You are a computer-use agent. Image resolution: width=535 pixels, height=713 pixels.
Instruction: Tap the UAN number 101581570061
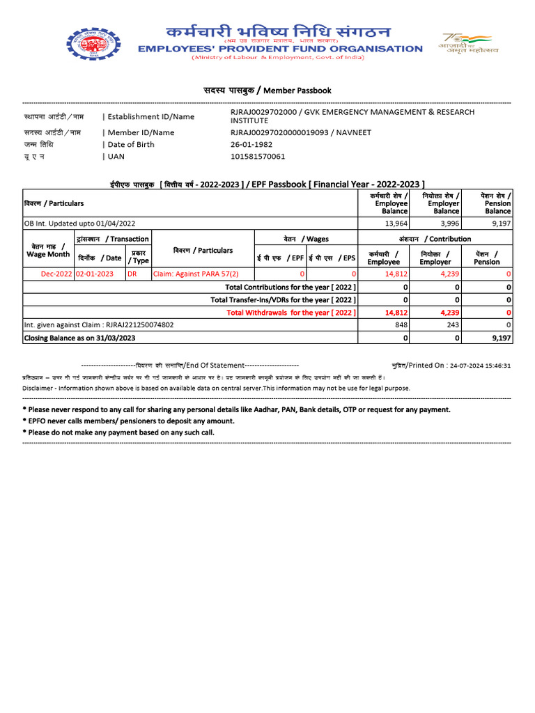pos(258,157)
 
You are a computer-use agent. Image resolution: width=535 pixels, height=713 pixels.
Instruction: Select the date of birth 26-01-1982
pos(251,145)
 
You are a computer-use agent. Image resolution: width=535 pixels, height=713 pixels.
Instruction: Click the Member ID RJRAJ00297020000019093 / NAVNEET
pos(301,132)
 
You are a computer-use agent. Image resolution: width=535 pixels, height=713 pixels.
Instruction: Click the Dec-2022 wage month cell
pos(56,274)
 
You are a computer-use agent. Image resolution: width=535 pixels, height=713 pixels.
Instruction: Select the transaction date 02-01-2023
pos(94,274)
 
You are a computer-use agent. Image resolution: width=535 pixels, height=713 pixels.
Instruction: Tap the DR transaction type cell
pos(132,274)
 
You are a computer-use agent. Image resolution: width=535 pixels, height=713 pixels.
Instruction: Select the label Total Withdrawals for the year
pos(291,313)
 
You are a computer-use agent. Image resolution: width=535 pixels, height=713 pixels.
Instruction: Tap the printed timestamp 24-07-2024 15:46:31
pos(480,366)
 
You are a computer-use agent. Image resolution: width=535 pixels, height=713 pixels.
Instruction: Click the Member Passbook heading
pos(267,91)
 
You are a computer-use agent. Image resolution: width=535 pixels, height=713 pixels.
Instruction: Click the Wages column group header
pos(307,239)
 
